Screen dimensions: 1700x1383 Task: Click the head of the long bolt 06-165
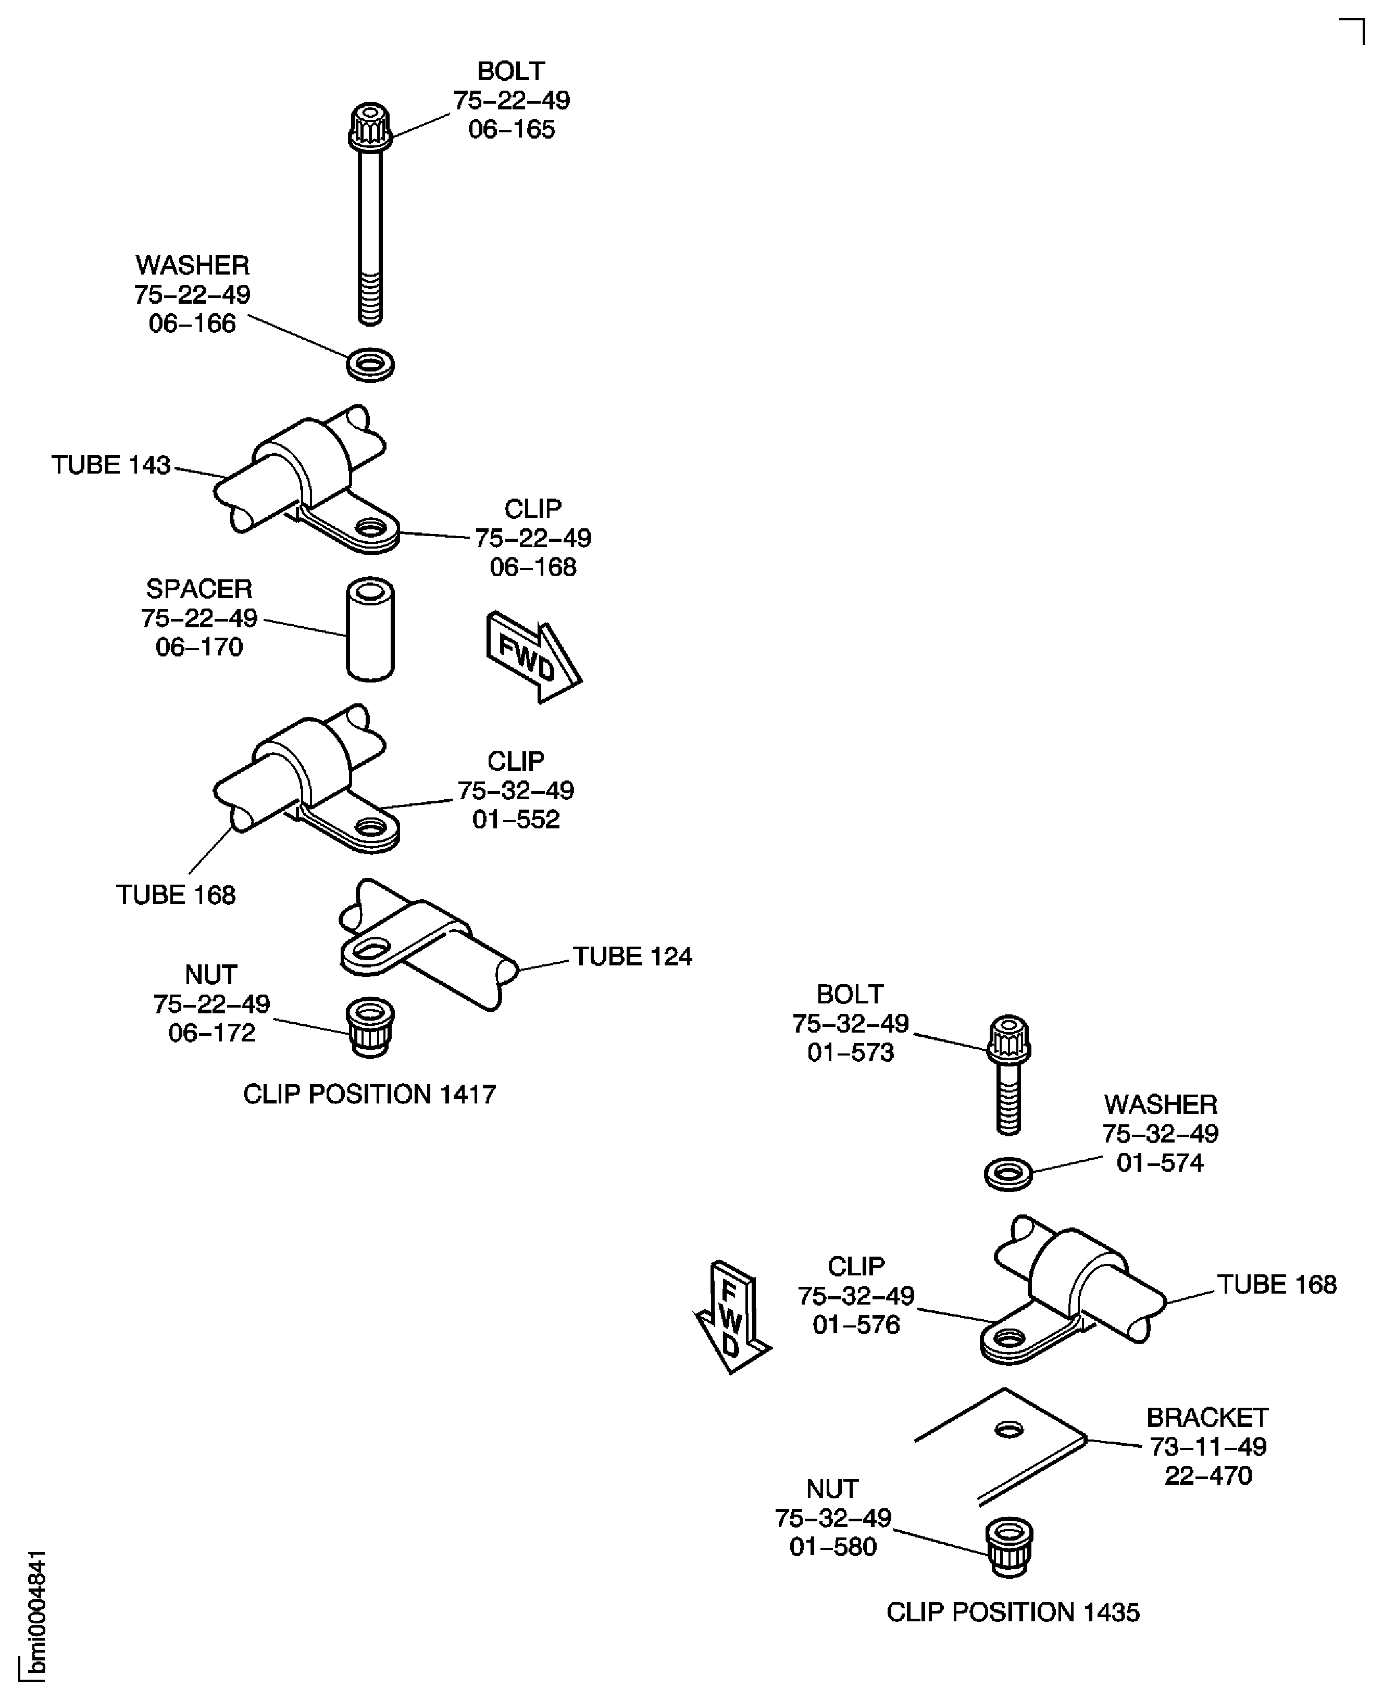pos(370,126)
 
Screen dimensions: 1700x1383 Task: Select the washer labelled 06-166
pos(370,364)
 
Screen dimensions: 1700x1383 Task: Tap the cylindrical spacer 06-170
pos(370,629)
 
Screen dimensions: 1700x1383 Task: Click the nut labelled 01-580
pos(1010,1546)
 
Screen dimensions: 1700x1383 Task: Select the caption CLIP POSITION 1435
pos(1013,1611)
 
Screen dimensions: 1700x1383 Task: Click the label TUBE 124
pos(632,956)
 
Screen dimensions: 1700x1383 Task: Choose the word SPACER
pos(198,589)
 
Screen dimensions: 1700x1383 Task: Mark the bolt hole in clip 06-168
pos(370,527)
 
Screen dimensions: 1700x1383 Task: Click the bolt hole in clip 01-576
pos(1008,1339)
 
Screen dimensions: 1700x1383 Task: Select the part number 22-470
pos(1208,1475)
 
